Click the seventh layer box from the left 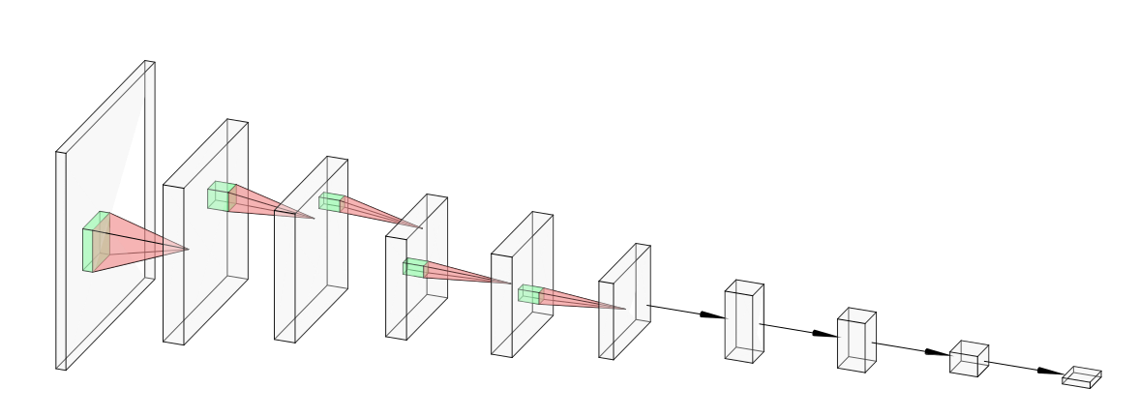742,324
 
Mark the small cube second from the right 967,359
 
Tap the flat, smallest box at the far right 1081,377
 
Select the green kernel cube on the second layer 220,197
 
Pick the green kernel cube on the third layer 330,203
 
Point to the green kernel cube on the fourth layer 413,268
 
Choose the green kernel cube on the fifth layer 528,294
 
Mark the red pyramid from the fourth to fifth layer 465,274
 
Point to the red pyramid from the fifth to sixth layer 581,300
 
